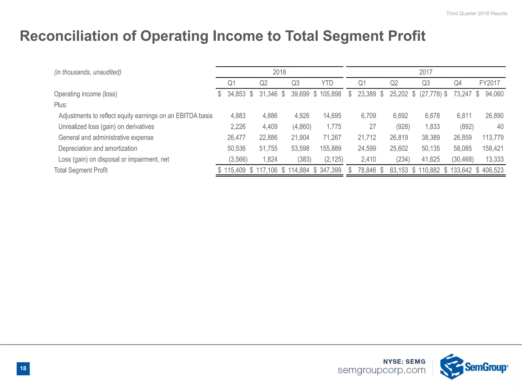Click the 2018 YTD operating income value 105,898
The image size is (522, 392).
[x=330, y=94]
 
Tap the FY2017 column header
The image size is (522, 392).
[x=489, y=83]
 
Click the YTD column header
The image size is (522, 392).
[x=327, y=83]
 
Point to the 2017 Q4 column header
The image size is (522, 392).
[x=458, y=83]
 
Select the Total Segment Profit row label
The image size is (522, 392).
[x=81, y=170]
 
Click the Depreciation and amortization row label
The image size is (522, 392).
[x=98, y=149]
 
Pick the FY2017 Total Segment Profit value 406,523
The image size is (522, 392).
[x=492, y=170]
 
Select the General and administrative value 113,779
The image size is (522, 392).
[x=493, y=138]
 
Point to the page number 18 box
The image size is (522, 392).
[x=23, y=368]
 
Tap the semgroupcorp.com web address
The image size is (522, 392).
[x=381, y=370]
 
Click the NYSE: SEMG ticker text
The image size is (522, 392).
[x=404, y=361]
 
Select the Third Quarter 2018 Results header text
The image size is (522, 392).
[x=476, y=14]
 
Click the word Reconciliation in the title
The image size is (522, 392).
[x=69, y=36]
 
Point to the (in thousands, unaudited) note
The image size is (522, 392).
[x=87, y=72]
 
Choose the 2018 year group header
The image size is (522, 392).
[x=279, y=72]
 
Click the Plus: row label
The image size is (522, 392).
[x=60, y=105]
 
